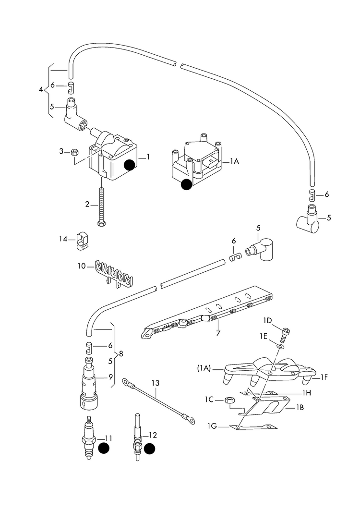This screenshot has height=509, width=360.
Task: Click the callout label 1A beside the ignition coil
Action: click(234, 162)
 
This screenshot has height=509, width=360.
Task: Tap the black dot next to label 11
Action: click(104, 448)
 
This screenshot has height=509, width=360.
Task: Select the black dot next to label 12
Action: click(150, 448)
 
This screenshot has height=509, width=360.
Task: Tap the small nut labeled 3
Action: click(74, 152)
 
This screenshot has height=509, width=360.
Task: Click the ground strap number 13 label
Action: click(155, 383)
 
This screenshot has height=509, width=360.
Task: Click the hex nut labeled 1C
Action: click(229, 400)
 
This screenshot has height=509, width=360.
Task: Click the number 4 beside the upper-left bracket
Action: click(41, 89)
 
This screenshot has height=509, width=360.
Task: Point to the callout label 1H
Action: click(307, 392)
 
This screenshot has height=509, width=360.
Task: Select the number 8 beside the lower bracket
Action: click(121, 354)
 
